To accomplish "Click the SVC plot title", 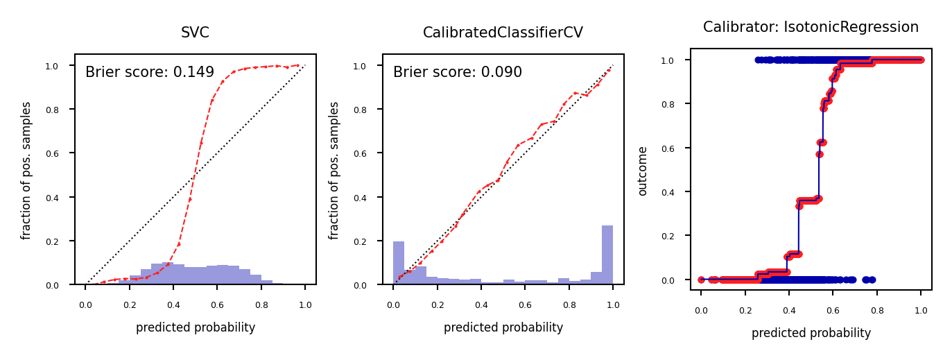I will (195, 33).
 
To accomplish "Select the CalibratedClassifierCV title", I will (503, 33).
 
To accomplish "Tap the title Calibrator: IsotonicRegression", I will (811, 27).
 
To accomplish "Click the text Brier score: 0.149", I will (150, 72).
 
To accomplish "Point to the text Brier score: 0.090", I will (458, 72).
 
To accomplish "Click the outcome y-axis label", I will (643, 171).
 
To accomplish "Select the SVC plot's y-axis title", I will (26, 171).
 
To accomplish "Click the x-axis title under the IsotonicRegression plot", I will (811, 333).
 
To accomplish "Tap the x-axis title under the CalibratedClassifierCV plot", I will (503, 327).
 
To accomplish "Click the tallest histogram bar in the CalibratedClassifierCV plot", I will (607, 255).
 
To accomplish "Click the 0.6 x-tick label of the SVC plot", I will (217, 305).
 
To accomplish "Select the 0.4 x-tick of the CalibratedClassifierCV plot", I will (481, 305).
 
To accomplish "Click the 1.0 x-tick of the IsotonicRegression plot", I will (921, 311).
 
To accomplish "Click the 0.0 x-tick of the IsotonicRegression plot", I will (701, 311).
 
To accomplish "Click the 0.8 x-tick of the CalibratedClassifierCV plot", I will (569, 305).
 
